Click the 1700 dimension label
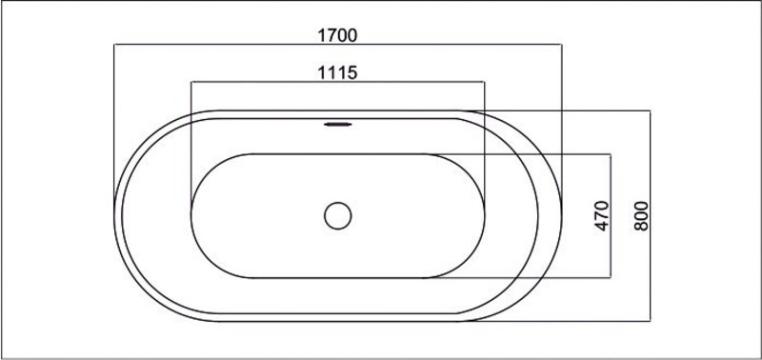[337, 35]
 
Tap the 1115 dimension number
[337, 73]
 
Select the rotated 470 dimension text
[602, 215]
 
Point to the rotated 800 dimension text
[641, 215]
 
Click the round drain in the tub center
[338, 215]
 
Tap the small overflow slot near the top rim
[338, 125]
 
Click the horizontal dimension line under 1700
[338, 45]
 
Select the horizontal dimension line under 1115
[338, 82]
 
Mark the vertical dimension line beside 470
[611, 216]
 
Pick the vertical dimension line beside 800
[651, 215]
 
